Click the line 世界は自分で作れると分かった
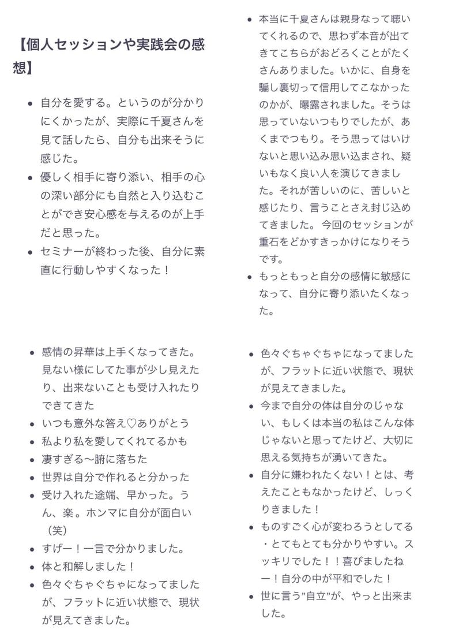pos(115,477)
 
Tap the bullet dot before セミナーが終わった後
pos(31,252)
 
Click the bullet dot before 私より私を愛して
pos(31,442)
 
